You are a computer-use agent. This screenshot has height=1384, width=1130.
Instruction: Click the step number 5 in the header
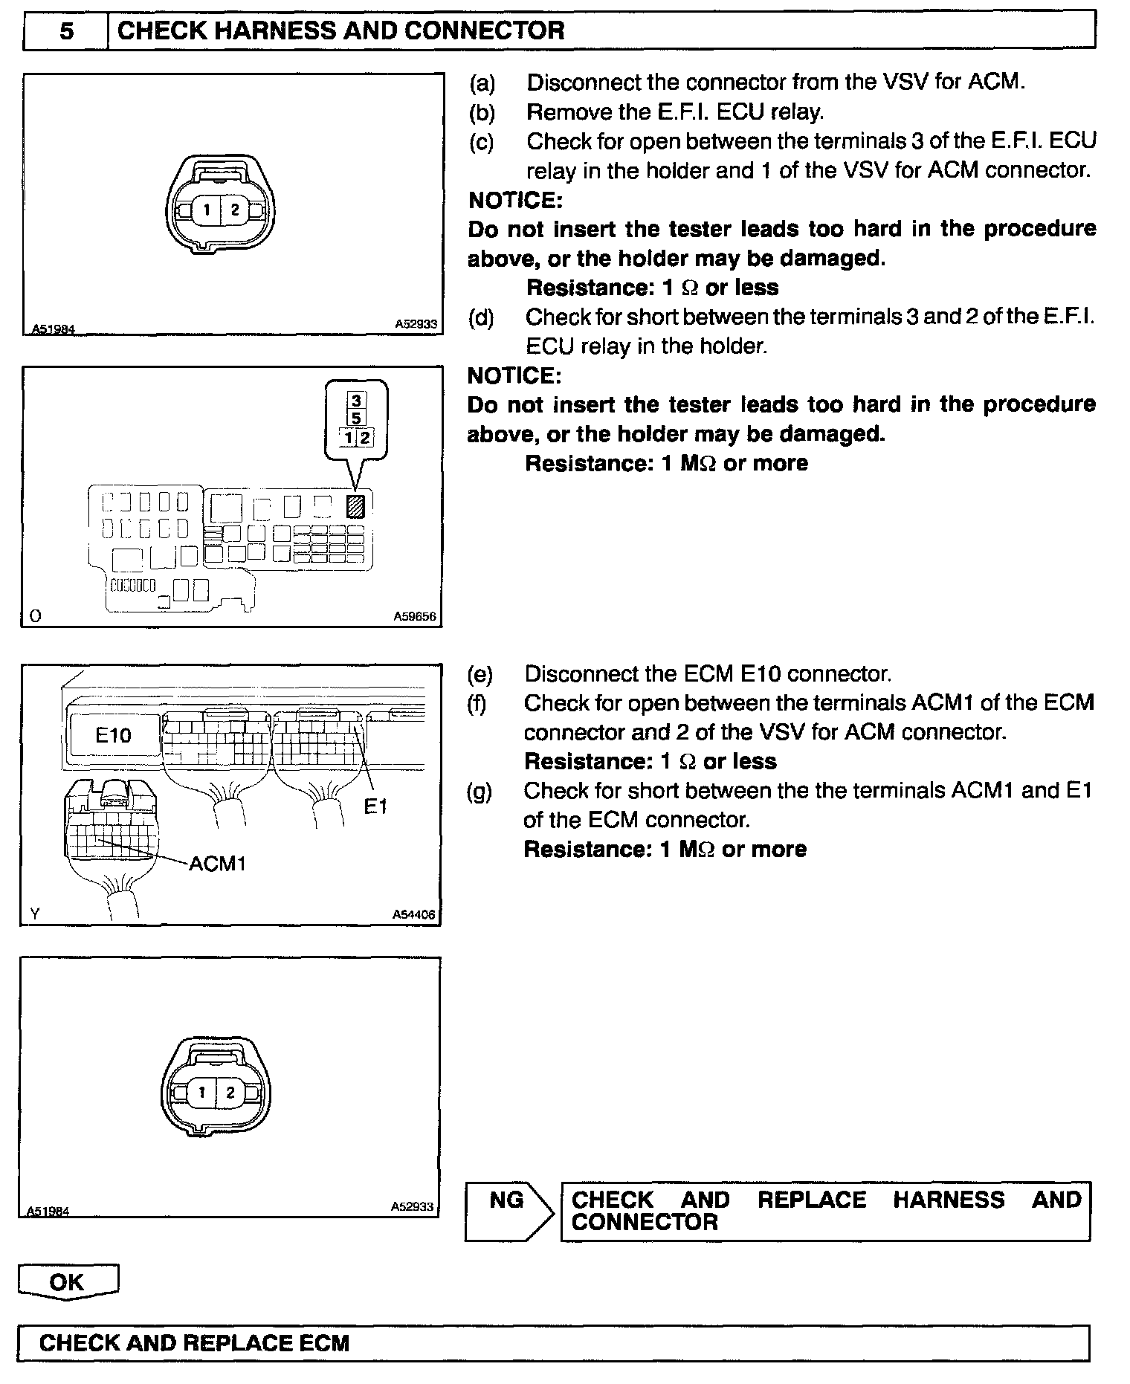coord(66,30)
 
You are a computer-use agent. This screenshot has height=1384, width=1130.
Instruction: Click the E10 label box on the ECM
coord(113,736)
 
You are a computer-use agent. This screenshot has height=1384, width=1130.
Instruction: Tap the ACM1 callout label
coord(217,863)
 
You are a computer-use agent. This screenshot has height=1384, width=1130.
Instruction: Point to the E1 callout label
coord(375,806)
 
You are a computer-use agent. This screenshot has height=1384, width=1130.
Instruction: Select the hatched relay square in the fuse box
coord(356,506)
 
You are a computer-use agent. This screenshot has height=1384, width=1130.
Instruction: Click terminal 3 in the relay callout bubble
coord(356,401)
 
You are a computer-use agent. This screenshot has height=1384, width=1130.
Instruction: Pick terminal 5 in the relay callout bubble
coord(356,418)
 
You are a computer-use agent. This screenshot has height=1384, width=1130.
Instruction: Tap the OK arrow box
coord(68,1281)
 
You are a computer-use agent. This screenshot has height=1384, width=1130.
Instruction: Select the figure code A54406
coord(413,915)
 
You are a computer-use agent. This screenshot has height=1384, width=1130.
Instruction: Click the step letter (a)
coord(482,83)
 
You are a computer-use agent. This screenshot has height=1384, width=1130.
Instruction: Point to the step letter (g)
coord(480,791)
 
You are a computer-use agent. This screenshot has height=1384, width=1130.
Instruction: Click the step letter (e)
coord(480,674)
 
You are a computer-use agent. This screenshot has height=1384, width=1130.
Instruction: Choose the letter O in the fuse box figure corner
coord(34,615)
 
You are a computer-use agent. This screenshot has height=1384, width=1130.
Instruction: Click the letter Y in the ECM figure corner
coord(34,914)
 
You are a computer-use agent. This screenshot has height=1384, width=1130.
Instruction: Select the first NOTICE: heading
coord(515,200)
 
